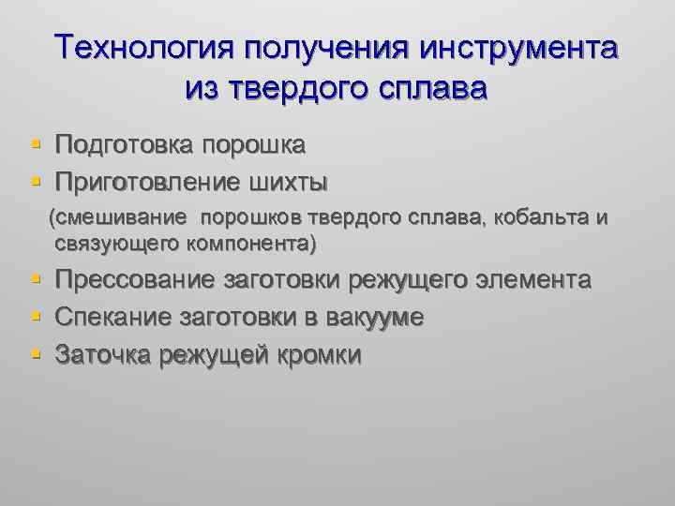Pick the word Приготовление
(148, 179)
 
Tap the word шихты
(295, 179)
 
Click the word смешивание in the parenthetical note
(126, 218)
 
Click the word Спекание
(109, 318)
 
